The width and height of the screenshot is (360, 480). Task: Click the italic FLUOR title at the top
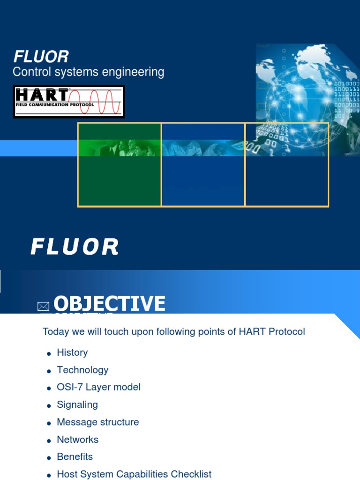pos(41,57)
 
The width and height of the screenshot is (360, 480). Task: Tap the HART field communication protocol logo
pos(68,101)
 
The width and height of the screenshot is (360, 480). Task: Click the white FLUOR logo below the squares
pos(75,247)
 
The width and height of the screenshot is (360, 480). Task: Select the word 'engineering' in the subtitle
pos(137,72)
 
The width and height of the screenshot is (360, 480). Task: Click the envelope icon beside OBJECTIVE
pos(43,307)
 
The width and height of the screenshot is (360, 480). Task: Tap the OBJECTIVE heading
pos(109,304)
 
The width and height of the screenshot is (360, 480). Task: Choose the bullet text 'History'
pos(72,352)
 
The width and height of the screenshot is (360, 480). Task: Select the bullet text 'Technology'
pos(82,370)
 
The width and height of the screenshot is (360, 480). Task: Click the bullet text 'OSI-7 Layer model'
pos(98,387)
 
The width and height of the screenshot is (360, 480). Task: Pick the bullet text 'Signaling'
pos(77,405)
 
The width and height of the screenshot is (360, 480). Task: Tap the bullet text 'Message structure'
pos(98,422)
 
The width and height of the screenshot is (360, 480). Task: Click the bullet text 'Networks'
pos(78,440)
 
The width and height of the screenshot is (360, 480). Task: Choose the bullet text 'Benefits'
pos(75,457)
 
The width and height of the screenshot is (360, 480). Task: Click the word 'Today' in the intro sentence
pos(55,332)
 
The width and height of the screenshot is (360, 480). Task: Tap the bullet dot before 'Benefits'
pos(49,458)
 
